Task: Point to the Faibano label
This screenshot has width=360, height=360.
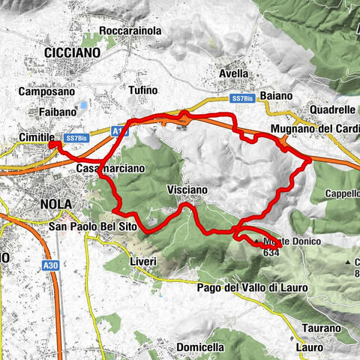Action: [x=57, y=112]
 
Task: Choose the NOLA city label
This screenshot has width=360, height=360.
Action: [x=56, y=203]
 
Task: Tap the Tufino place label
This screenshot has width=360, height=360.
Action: [x=143, y=90]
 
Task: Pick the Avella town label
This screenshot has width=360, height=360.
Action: [x=233, y=74]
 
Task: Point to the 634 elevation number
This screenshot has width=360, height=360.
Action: [x=271, y=253]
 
